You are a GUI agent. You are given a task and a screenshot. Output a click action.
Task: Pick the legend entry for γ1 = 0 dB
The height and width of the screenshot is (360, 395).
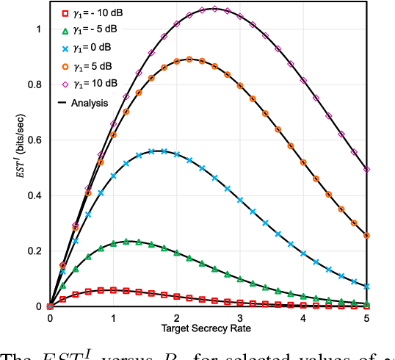pyautogui.click(x=89, y=47)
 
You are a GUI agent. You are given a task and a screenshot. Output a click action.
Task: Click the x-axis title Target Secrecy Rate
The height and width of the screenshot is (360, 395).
pyautogui.click(x=208, y=328)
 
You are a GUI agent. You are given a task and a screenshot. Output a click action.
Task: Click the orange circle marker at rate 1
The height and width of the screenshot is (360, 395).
pyautogui.click(x=113, y=134)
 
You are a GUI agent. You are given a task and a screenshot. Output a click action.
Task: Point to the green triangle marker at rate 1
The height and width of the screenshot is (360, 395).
pyautogui.click(x=113, y=243)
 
